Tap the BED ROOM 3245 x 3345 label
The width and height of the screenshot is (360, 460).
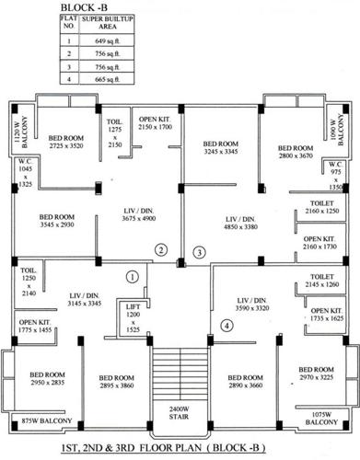point(221,148)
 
